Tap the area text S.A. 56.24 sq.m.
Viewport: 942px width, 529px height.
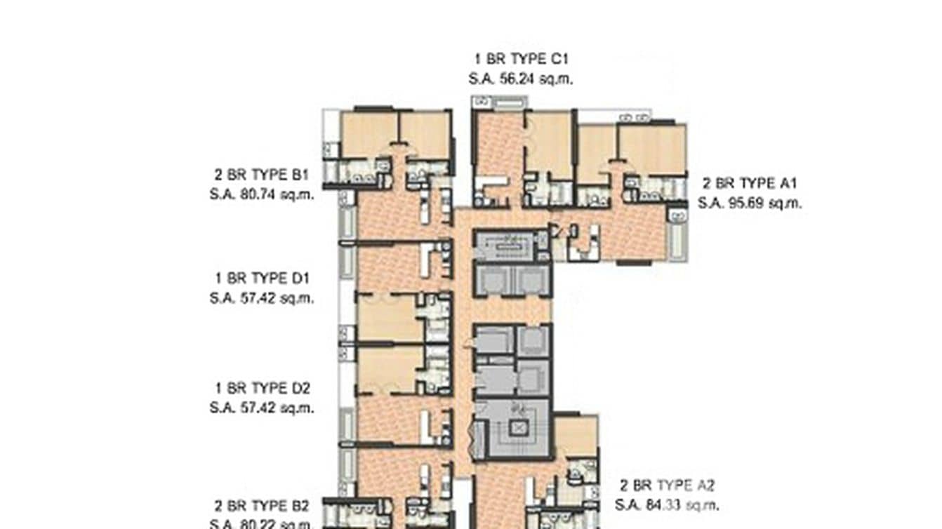point(520,79)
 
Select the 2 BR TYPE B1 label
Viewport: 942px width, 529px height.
point(262,174)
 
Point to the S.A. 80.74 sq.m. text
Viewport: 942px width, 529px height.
point(262,194)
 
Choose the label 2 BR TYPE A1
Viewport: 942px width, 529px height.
point(750,184)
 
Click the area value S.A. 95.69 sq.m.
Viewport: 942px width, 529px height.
point(750,203)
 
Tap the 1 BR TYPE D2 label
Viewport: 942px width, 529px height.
point(262,388)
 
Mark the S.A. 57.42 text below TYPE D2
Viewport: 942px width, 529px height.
point(262,408)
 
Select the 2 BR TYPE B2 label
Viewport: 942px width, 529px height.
point(262,506)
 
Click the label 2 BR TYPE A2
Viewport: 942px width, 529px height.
point(667,486)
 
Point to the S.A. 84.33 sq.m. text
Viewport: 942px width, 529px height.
point(667,505)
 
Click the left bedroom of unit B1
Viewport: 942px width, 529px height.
point(369,135)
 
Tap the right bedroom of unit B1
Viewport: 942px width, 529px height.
point(425,135)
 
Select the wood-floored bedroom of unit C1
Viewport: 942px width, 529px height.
point(549,144)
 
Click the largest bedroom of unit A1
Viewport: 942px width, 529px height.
point(651,149)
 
